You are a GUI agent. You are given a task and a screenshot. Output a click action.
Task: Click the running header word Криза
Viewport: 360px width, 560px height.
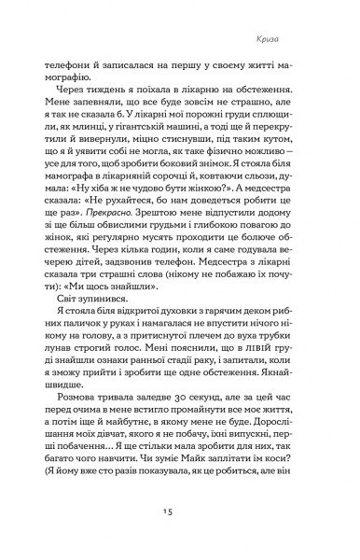point(309,40)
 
